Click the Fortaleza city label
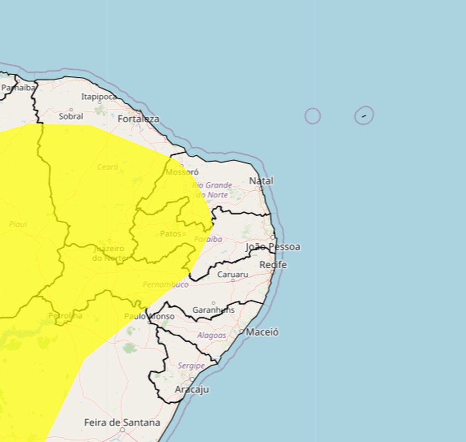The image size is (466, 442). click(x=138, y=119)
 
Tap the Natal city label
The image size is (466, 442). click(x=261, y=181)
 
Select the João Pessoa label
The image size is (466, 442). click(x=273, y=247)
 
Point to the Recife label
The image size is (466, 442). click(x=273, y=265)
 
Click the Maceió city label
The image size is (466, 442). click(x=262, y=332)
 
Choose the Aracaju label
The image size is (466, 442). click(x=192, y=389)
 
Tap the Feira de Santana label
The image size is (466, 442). click(x=122, y=422)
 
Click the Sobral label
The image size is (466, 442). click(x=71, y=116)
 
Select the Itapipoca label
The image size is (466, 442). click(x=99, y=97)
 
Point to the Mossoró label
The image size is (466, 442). click(x=182, y=172)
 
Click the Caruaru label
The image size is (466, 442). click(x=233, y=274)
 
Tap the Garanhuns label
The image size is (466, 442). click(x=214, y=310)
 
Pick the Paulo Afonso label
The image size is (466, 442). click(x=150, y=316)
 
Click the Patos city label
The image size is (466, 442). click(x=171, y=234)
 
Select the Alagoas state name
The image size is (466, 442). click(x=212, y=335)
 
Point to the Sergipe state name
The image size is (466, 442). click(x=191, y=366)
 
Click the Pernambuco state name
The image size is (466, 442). click(x=166, y=284)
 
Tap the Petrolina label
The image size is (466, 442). click(x=65, y=316)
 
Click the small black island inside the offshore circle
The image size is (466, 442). click(x=364, y=115)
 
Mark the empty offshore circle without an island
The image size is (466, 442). click(x=313, y=116)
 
